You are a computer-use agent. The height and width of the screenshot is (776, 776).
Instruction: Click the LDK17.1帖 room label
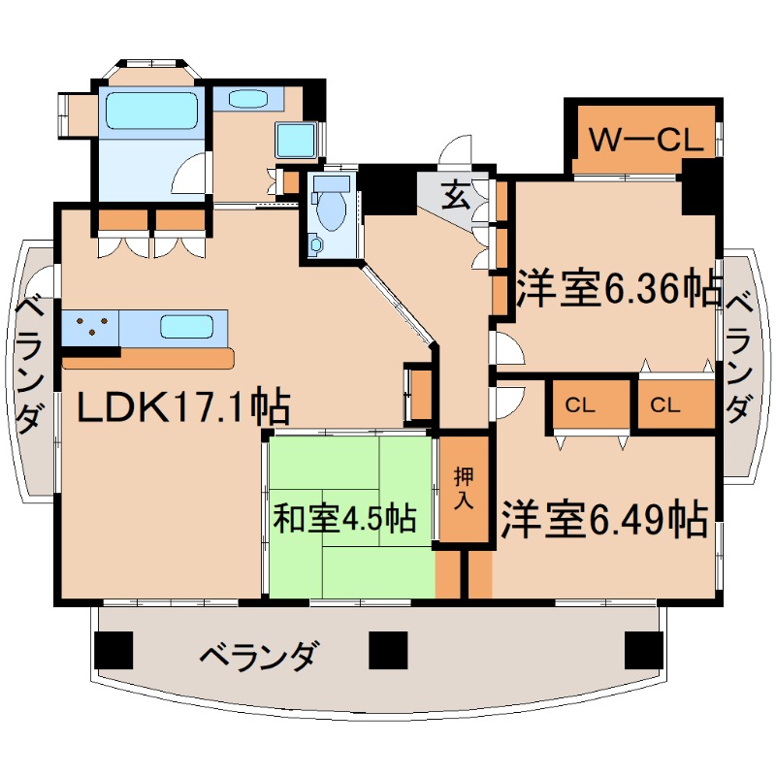click(x=183, y=407)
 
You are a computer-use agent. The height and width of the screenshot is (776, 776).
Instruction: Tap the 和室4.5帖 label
click(x=344, y=519)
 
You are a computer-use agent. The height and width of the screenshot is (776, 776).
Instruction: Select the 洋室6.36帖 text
click(x=618, y=288)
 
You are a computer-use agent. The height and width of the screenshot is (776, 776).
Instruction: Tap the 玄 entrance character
click(x=455, y=196)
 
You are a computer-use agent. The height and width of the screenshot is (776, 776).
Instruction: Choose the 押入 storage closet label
click(x=463, y=490)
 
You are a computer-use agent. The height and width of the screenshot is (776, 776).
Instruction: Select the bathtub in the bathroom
click(x=151, y=112)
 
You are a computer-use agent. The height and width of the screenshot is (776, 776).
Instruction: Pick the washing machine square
click(x=296, y=141)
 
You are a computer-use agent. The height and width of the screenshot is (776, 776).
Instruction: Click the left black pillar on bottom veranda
click(x=113, y=648)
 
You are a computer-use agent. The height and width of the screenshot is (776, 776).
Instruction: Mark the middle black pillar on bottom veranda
click(x=387, y=648)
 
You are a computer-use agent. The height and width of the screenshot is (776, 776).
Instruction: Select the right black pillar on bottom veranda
click(x=642, y=648)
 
